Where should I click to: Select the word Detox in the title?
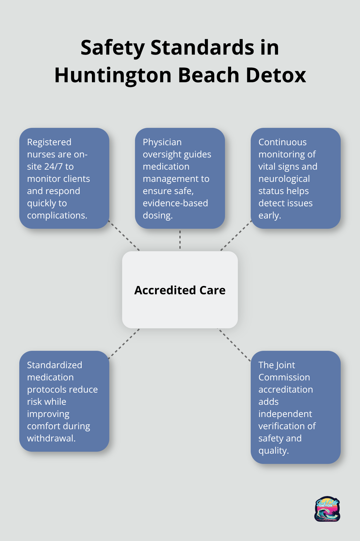point(276,75)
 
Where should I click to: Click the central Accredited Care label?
point(180,290)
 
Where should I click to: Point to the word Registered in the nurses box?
point(49,142)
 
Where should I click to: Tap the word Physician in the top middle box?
point(162,142)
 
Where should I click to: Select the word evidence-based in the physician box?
point(175,203)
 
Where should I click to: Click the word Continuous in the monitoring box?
point(282,142)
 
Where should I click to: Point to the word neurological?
point(284,179)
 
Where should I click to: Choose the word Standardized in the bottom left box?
point(54,365)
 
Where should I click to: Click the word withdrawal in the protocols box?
point(50,438)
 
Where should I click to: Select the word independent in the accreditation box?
point(285,414)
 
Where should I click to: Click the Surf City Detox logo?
point(327,509)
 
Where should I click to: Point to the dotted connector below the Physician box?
point(180,240)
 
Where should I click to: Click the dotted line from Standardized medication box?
point(124,343)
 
